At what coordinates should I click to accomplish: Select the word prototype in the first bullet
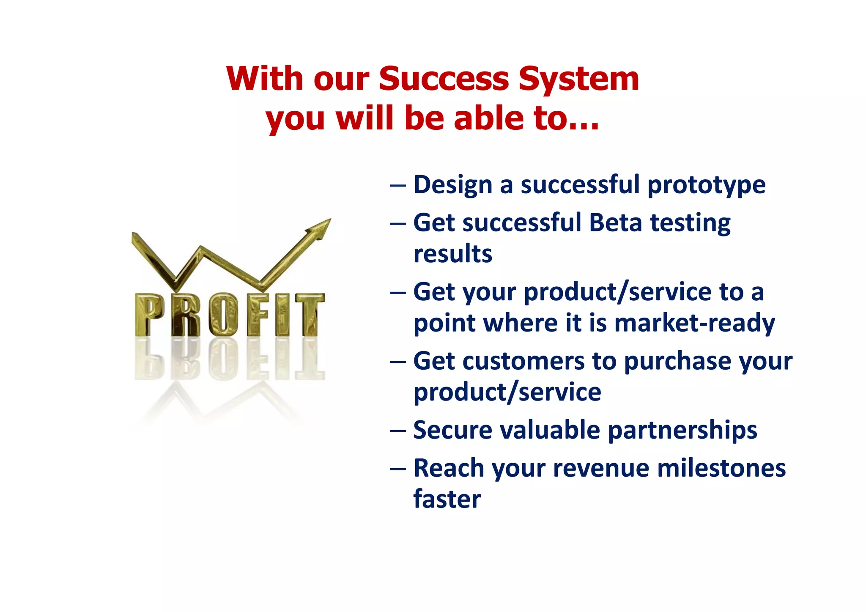click(706, 186)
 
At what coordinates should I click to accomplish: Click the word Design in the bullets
click(453, 186)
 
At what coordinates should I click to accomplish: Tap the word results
click(453, 254)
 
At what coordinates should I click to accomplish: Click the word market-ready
click(694, 324)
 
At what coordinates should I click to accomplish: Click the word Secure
click(452, 430)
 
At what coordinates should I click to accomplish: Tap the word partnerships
click(682, 431)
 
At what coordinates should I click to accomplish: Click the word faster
click(447, 499)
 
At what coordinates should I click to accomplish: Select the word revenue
click(601, 469)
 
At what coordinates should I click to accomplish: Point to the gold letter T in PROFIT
click(310, 315)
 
